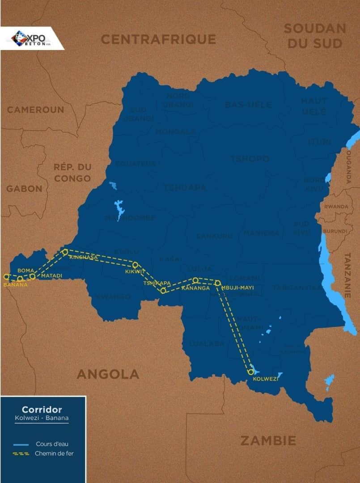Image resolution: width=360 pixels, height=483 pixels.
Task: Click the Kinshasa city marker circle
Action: point(65,252)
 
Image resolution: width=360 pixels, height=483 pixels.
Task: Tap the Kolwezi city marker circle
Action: point(250,372)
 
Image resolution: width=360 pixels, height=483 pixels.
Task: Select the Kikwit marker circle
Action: point(135,265)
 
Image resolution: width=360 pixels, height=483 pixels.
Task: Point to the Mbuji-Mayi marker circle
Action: point(218,283)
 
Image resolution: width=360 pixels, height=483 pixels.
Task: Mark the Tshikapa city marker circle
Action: point(163,291)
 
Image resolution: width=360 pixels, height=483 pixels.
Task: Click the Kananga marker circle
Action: point(195,280)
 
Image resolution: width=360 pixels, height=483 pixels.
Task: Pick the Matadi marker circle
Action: point(32,276)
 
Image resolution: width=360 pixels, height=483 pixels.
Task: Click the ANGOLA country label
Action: point(108,374)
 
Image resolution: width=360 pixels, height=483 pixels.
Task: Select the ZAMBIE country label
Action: point(268,441)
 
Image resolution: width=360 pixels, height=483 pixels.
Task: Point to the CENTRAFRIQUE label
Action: point(158,39)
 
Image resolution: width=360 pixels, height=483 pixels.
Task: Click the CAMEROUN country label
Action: point(35,110)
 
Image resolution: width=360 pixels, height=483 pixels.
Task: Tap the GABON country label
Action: point(24,189)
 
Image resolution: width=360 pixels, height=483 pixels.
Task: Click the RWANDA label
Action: point(336,207)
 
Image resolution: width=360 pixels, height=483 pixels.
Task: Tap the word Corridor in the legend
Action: point(42,409)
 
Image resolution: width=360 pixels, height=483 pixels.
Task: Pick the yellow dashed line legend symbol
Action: point(21,453)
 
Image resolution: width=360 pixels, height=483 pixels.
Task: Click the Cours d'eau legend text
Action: point(52,444)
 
